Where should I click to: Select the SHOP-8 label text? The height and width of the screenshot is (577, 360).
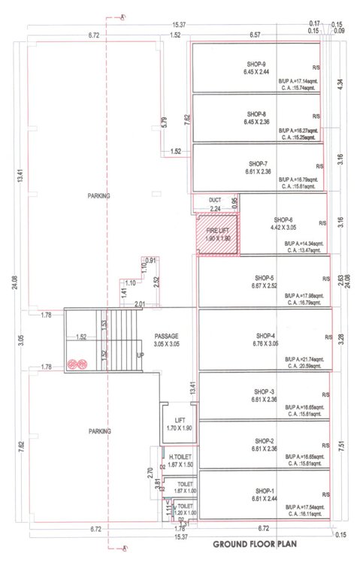[256, 114]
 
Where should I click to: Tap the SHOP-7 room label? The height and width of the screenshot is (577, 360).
[258, 163]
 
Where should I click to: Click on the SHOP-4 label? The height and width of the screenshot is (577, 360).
[265, 335]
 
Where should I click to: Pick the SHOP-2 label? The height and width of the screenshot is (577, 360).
[263, 441]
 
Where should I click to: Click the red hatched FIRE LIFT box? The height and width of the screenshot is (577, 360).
[217, 234]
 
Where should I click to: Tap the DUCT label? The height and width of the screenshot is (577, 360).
[215, 200]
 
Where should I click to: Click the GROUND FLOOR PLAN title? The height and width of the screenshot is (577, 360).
[260, 543]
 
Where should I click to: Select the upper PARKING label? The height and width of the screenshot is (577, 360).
[98, 195]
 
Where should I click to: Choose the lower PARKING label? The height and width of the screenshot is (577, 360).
[98, 431]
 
